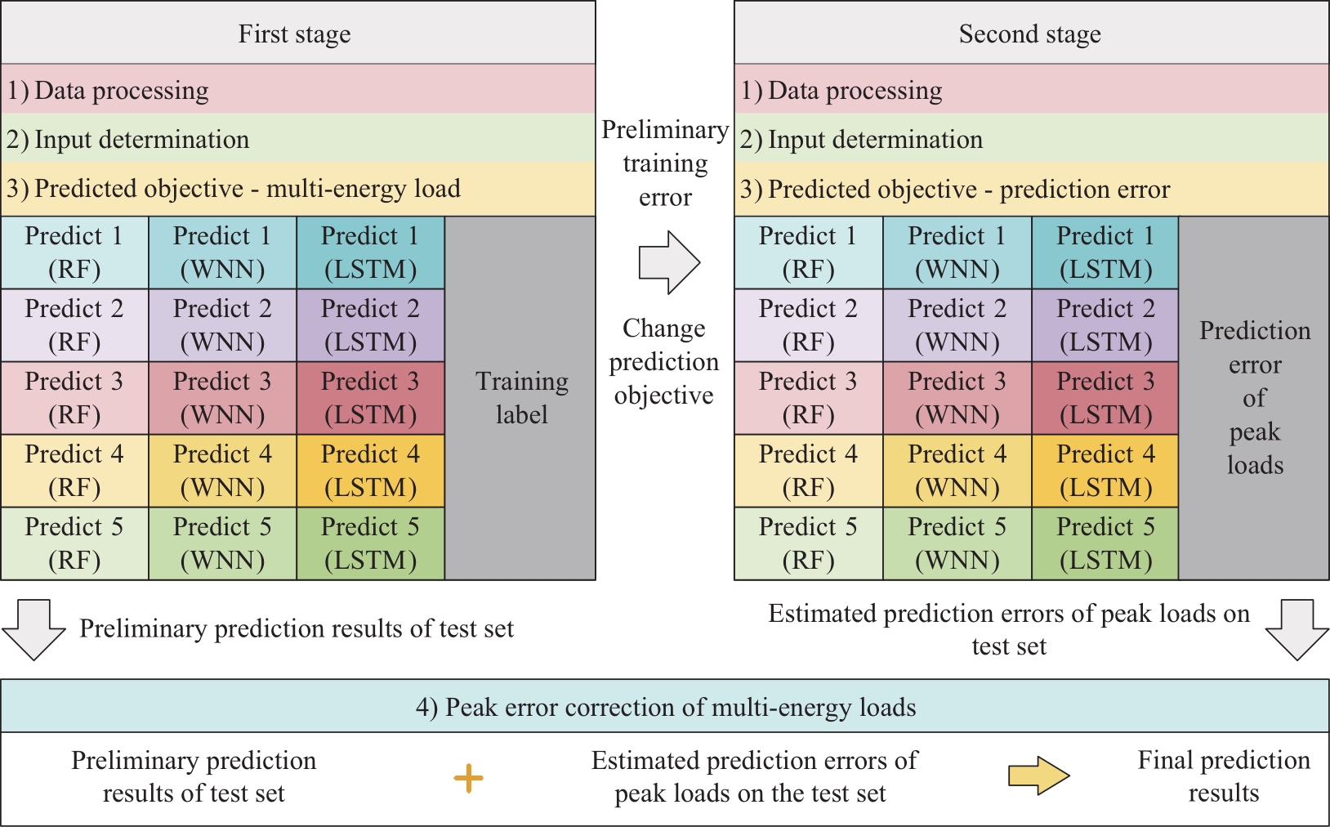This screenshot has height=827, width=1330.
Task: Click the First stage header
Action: pos(298,33)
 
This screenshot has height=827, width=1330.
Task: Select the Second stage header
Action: pos(1031,33)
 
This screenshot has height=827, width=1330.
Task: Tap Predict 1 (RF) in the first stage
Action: pos(74,253)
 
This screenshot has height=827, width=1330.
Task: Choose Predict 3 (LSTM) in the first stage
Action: pos(371,398)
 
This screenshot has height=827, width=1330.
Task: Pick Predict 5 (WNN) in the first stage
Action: pos(222,543)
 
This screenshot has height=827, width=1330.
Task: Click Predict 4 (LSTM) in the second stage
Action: pos(1105,471)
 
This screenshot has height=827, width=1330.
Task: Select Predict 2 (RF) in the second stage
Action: pos(809,325)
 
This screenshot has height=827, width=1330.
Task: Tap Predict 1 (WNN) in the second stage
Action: pos(957,253)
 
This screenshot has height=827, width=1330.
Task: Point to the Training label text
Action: pos(521,397)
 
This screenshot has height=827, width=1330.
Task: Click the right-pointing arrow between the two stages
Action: pos(669,262)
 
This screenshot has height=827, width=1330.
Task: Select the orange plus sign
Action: pos(468,778)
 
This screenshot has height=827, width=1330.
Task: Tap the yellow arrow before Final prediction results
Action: pos(1039,776)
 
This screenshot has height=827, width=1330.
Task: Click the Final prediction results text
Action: pos(1224,776)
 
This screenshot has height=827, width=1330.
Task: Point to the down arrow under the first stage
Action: pos(33,630)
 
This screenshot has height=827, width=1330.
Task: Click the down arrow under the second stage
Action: pos(1297,630)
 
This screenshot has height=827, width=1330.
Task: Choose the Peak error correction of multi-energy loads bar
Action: pos(665,706)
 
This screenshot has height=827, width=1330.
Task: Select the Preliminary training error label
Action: pos(665,163)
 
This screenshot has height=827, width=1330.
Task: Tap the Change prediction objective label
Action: pos(664,361)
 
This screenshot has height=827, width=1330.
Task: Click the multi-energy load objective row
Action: pos(298,189)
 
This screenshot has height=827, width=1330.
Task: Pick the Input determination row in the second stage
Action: pos(1031,138)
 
